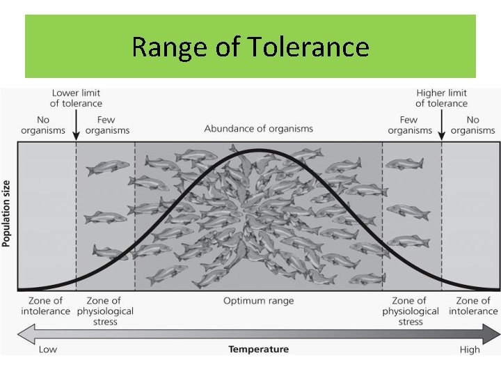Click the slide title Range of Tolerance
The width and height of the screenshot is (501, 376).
coord(250,47)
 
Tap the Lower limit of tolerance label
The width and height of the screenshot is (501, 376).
coord(76,98)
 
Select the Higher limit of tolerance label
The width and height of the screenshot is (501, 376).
coord(441,98)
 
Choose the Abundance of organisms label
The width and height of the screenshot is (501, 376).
coord(258,129)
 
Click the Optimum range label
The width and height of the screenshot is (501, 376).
coord(258,301)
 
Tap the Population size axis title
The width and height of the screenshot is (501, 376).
coord(7,212)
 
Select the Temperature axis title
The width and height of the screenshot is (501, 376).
coord(258,349)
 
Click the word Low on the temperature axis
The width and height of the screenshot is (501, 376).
coord(48,349)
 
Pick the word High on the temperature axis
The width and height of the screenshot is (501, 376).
coord(470,349)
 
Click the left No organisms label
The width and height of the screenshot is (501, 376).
coord(43,125)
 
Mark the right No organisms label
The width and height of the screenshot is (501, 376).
coord(473,125)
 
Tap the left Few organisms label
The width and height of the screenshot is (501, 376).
coord(107,125)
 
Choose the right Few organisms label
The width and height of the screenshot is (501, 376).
coord(409,125)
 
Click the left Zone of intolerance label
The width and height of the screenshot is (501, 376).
coord(45,306)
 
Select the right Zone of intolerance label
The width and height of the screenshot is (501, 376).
coord(473,306)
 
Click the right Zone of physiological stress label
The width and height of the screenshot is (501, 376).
coord(411,311)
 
